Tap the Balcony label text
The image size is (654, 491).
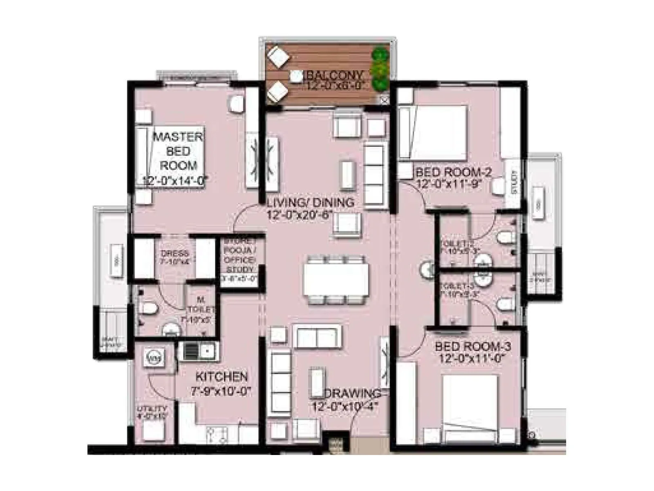pyautogui.click(x=335, y=75)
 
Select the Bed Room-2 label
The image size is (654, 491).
pyautogui.click(x=453, y=172)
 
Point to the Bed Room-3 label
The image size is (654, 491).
pyautogui.click(x=473, y=347)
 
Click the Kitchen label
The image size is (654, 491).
pyautogui.click(x=222, y=376)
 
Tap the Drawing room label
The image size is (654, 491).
pyautogui.click(x=352, y=394)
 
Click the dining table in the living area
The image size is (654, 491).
pyautogui.click(x=336, y=280)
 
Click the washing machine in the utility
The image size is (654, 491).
pyautogui.click(x=155, y=358)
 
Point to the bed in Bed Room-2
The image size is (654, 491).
pyautogui.click(x=439, y=132)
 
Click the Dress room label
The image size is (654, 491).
pyautogui.click(x=175, y=253)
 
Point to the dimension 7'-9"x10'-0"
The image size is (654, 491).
pyautogui.click(x=220, y=391)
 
